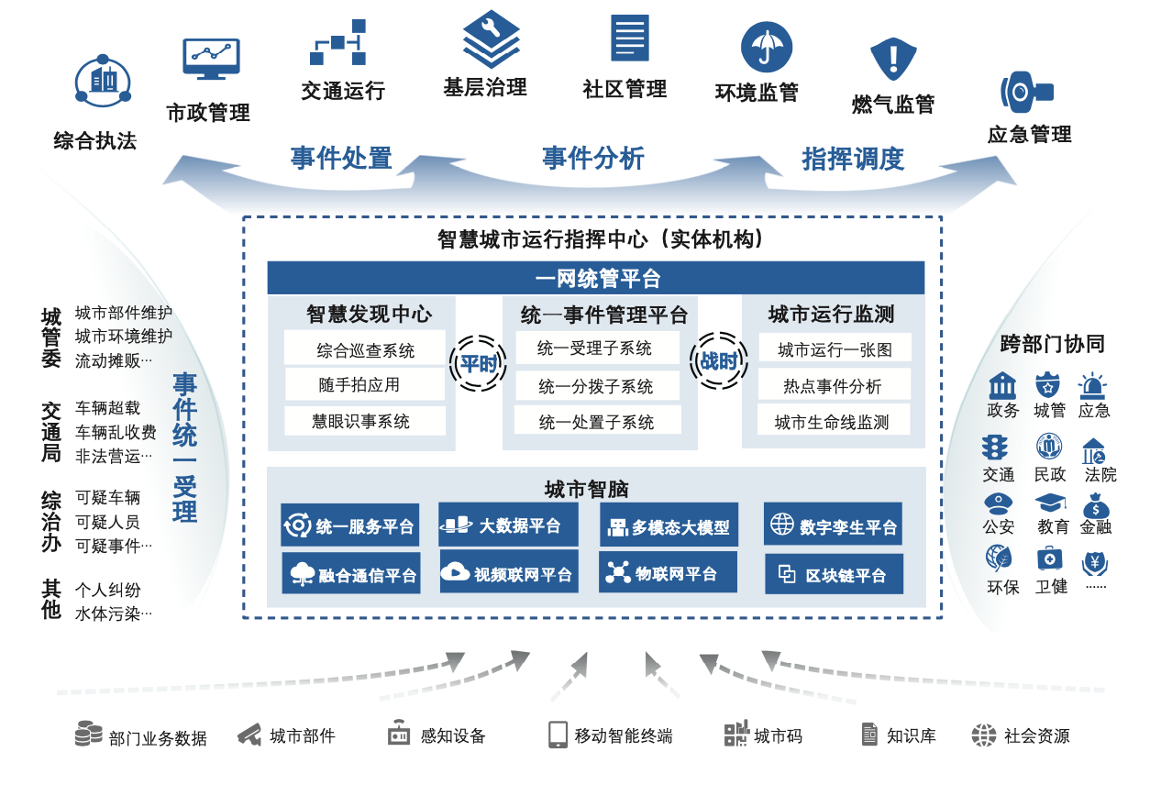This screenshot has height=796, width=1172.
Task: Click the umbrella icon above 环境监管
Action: pyautogui.click(x=767, y=47)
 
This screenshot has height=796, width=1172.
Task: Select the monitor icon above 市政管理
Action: pyautogui.click(x=211, y=59)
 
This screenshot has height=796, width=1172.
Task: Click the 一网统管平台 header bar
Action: pyautogui.click(x=596, y=278)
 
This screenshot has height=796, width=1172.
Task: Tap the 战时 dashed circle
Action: pyautogui.click(x=719, y=360)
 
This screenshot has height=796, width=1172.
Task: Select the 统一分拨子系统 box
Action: pyautogui.click(x=596, y=387)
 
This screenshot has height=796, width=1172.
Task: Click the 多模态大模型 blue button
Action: pyautogui.click(x=669, y=526)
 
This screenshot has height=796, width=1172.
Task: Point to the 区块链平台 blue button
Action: pyautogui.click(x=834, y=575)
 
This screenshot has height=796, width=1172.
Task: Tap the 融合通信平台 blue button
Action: pyautogui.click(x=351, y=575)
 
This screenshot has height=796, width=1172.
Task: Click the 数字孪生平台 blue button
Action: pyautogui.click(x=833, y=525)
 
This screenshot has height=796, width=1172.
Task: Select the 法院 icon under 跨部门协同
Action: pyautogui.click(x=1093, y=451)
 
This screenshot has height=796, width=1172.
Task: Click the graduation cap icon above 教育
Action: pyautogui.click(x=1050, y=503)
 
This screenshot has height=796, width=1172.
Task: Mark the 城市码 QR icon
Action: pyautogui.click(x=736, y=735)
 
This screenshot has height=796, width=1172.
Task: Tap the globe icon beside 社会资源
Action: pyautogui.click(x=983, y=735)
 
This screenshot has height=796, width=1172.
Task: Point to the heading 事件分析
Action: pyautogui.click(x=592, y=159)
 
